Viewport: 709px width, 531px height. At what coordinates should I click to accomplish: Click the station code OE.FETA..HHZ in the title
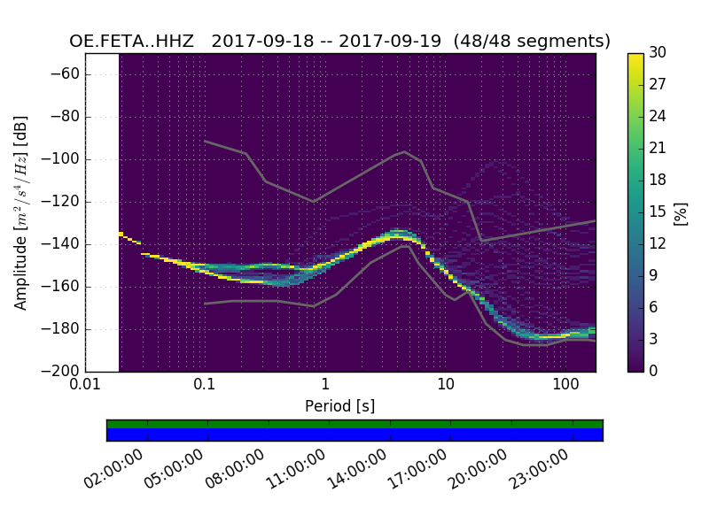pyautogui.click(x=133, y=42)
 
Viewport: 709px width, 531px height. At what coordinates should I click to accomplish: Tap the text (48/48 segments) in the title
pyautogui.click(x=532, y=42)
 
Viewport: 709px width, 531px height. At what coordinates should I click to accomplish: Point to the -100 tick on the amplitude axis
pyautogui.click(x=64, y=159)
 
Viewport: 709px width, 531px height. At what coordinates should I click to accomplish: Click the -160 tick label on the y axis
pyautogui.click(x=64, y=286)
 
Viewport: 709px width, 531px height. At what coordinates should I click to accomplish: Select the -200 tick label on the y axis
pyautogui.click(x=64, y=371)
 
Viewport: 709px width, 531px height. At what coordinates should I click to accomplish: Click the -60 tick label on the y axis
pyautogui.click(x=67, y=74)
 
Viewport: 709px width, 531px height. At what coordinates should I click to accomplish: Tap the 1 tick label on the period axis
pyautogui.click(x=325, y=385)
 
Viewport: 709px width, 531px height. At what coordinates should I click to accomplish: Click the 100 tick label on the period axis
pyautogui.click(x=565, y=385)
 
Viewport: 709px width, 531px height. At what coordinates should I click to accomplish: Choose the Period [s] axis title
pyautogui.click(x=339, y=406)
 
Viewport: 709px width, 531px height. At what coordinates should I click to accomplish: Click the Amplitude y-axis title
pyautogui.click(x=21, y=212)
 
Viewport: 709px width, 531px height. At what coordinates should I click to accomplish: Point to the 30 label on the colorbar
pyautogui.click(x=658, y=53)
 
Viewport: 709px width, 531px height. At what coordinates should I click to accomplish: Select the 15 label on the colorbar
pyautogui.click(x=658, y=212)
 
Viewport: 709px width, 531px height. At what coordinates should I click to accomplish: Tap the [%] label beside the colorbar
pyautogui.click(x=681, y=212)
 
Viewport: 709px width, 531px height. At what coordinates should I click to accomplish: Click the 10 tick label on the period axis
pyautogui.click(x=446, y=385)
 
